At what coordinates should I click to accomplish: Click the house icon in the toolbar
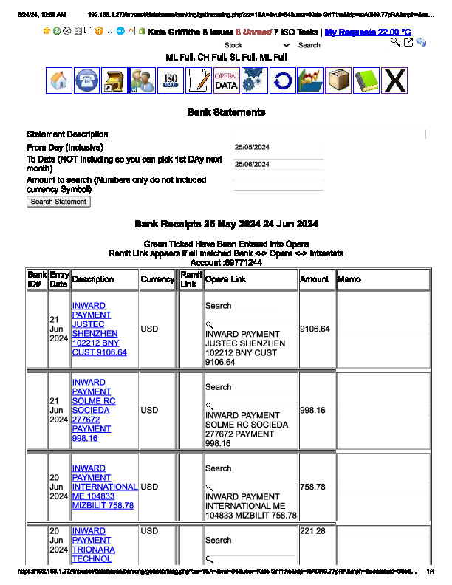click(x=59, y=81)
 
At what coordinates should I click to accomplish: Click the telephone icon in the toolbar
click(x=87, y=81)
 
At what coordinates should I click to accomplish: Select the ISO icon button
click(x=171, y=81)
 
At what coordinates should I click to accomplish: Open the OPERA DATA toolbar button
click(x=226, y=81)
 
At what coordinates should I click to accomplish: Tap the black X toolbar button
click(x=395, y=81)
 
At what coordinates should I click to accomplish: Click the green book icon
click(x=366, y=81)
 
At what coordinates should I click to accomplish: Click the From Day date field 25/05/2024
click(x=278, y=147)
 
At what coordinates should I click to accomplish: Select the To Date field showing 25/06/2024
click(x=278, y=164)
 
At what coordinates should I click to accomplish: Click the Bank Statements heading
click(x=226, y=112)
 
